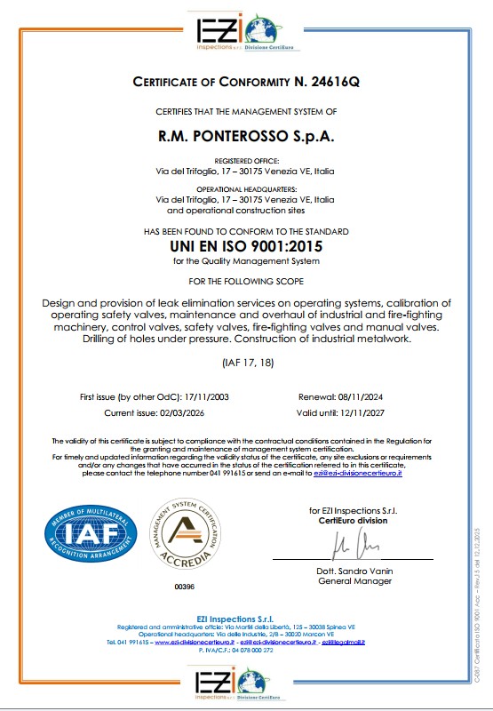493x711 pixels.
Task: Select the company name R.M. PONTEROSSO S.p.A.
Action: [246, 138]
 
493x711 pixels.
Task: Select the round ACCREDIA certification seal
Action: [185, 537]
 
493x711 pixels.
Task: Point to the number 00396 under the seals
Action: [185, 587]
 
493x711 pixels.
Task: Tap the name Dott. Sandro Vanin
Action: [354, 571]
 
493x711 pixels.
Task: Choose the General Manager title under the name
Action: [354, 581]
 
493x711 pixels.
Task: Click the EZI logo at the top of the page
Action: [246, 31]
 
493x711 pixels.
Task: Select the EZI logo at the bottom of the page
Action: [246, 683]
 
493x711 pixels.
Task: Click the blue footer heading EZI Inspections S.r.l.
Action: [246, 618]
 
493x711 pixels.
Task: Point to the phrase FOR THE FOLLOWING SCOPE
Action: [246, 282]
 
